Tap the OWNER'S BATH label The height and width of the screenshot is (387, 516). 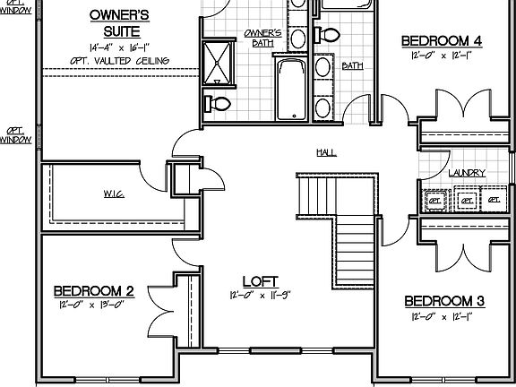click(x=262, y=38)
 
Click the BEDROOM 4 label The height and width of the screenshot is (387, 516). click(x=442, y=40)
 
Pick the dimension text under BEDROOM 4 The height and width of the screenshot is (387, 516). click(x=442, y=56)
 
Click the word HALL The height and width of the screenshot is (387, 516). click(x=326, y=152)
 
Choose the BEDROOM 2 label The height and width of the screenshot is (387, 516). click(x=94, y=290)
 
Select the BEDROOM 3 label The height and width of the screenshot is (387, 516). click(x=444, y=300)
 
